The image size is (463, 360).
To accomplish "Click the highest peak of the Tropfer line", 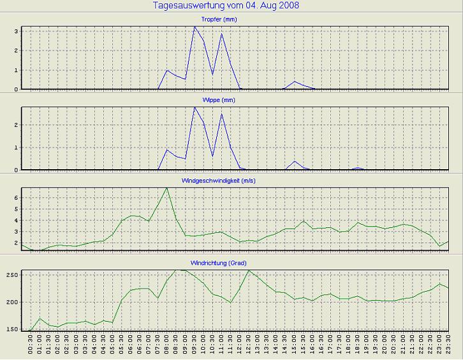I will click(195, 27).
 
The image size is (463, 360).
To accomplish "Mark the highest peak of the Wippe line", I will click(195, 107).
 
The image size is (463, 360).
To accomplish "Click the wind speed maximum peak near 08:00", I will click(167, 188).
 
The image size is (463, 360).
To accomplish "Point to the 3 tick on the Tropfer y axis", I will click(16, 31).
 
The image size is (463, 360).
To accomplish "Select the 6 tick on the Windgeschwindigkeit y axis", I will click(16, 199).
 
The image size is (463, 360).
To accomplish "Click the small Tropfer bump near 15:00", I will click(295, 82).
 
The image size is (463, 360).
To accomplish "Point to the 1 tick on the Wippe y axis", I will click(16, 147).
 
